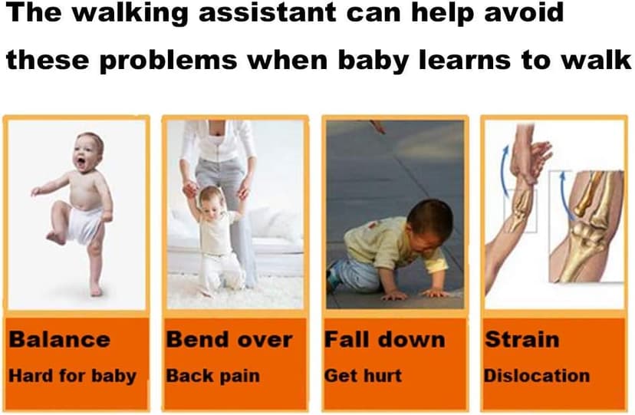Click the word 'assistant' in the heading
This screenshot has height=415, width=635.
point(267,12)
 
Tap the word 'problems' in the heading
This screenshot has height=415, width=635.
point(168,61)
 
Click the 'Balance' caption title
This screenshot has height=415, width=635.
point(60,339)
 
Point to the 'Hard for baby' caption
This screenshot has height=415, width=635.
point(73,376)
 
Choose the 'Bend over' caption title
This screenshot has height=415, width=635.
point(229,339)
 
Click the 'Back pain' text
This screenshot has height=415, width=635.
point(213,376)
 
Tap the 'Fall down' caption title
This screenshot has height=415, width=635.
point(385,339)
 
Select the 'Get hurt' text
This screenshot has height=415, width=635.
point(364,376)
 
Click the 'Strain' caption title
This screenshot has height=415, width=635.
point(522,339)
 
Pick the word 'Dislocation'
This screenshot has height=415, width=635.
point(537,376)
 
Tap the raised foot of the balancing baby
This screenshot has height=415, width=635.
point(54,238)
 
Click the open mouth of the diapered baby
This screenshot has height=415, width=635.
point(81,163)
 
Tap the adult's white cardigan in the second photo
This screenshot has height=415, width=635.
point(219,141)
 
